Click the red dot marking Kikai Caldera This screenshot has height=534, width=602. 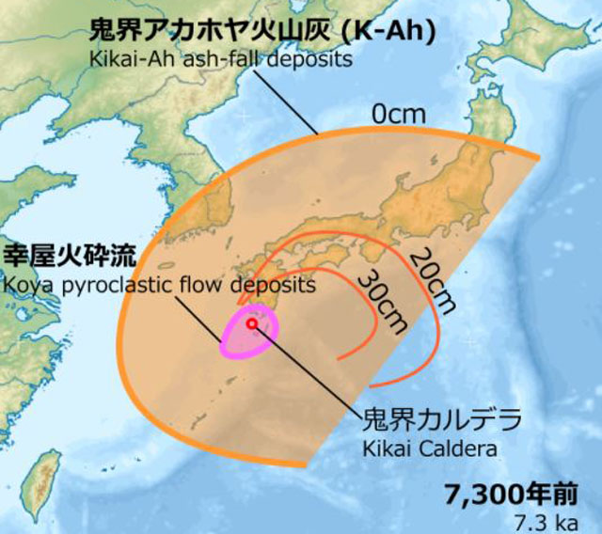(x=252, y=322)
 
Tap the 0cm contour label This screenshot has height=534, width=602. (x=398, y=115)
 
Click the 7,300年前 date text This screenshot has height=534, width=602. (x=509, y=494)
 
